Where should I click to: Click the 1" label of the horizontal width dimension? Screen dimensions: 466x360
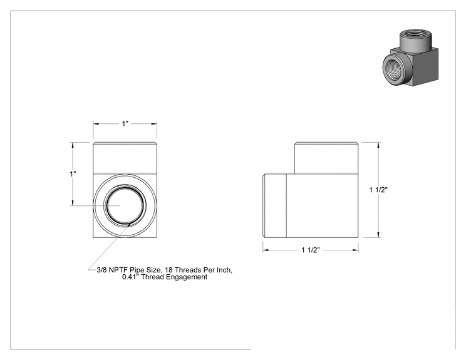click(125, 123)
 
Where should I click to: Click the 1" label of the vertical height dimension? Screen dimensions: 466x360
click(73, 174)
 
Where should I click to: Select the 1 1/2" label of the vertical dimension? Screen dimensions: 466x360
click(378, 190)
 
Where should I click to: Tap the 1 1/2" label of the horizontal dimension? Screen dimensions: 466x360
click(311, 250)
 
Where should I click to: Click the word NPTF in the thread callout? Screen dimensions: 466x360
click(118, 270)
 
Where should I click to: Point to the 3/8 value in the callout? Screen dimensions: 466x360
click(101, 270)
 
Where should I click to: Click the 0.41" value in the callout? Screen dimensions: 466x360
click(131, 277)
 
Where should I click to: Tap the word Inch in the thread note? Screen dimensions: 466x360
click(224, 270)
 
